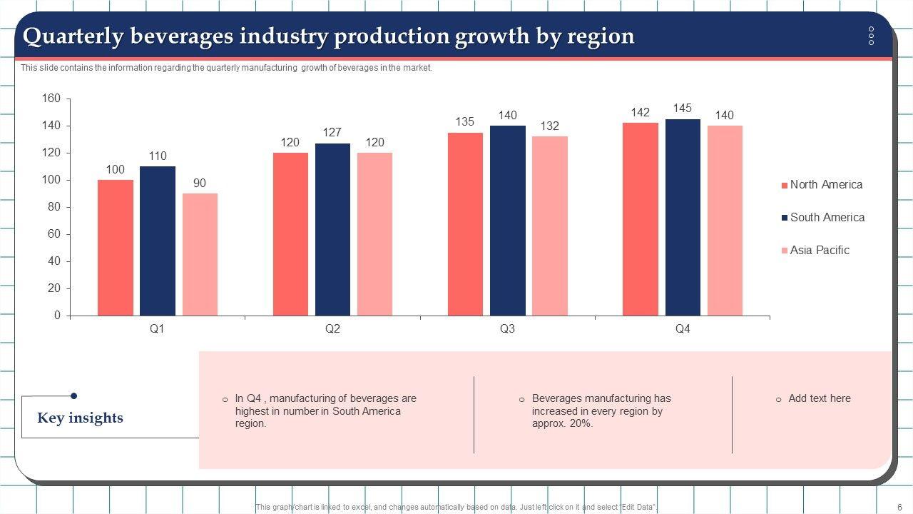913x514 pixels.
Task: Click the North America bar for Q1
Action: tap(116, 248)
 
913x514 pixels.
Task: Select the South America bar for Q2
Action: tap(332, 229)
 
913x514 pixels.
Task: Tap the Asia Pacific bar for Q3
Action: tap(550, 226)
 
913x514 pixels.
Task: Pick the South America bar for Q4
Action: tap(683, 217)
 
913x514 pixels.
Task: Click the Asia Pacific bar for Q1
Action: tap(200, 254)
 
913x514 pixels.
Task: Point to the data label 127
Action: tap(332, 133)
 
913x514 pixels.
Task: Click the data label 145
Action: tap(683, 109)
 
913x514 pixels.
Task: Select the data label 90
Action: tap(200, 183)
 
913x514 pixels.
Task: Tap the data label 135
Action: tap(465, 122)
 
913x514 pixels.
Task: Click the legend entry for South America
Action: tap(827, 218)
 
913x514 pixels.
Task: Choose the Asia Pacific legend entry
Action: tap(820, 251)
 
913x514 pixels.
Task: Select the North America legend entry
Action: tap(826, 185)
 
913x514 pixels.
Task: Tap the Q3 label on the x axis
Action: tap(507, 329)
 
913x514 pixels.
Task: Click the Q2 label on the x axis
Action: tap(332, 329)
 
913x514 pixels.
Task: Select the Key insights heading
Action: tap(80, 418)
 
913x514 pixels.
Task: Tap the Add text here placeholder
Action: tap(819, 399)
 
